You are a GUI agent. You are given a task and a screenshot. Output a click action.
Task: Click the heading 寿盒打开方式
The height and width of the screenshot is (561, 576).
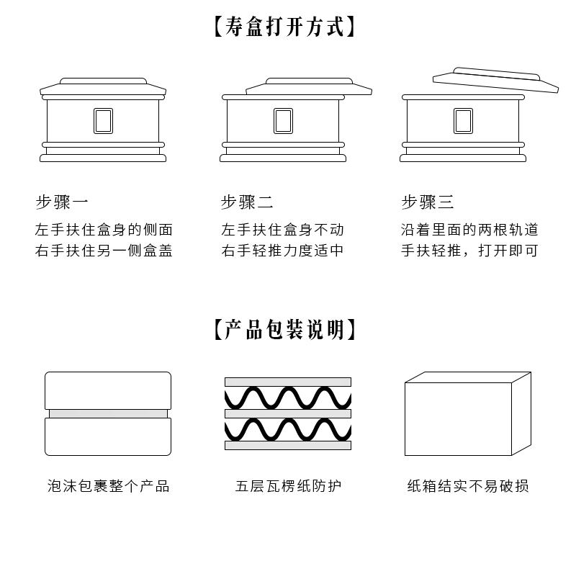(x=286, y=27)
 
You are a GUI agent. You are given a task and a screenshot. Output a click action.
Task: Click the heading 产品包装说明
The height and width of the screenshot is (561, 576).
(x=286, y=330)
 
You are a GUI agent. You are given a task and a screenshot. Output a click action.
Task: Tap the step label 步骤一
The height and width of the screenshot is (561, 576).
(x=62, y=202)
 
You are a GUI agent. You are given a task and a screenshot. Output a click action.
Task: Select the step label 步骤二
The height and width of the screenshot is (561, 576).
(x=247, y=202)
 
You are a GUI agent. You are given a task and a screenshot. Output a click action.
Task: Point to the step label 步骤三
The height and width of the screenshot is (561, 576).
(x=428, y=202)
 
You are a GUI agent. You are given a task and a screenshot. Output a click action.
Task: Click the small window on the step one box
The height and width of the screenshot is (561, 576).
(x=103, y=121)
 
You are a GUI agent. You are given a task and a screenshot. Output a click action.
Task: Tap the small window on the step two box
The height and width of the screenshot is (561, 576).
(x=283, y=121)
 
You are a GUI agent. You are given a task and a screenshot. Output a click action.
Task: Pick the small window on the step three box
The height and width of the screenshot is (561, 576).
(x=463, y=121)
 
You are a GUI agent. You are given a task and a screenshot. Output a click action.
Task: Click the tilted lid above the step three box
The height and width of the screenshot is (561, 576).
(x=496, y=80)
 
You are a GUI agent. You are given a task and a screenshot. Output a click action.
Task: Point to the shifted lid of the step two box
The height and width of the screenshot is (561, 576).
(x=310, y=86)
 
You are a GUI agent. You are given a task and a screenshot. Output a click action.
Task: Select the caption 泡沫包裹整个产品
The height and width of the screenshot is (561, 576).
(x=109, y=486)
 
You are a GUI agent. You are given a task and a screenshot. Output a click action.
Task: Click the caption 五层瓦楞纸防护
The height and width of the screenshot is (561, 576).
(x=288, y=486)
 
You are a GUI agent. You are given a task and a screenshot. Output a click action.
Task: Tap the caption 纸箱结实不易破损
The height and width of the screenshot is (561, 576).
(x=468, y=486)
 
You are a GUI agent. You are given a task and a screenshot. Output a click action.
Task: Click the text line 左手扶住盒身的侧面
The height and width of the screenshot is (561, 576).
(x=104, y=230)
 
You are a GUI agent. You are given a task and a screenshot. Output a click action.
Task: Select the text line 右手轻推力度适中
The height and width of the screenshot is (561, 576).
(x=283, y=251)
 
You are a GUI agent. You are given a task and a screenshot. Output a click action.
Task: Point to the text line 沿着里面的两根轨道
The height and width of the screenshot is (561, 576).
(x=469, y=230)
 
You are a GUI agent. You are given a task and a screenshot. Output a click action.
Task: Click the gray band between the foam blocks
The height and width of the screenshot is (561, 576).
(x=108, y=413)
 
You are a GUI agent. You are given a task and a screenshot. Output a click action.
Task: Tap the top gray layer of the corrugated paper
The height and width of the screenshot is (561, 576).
(x=288, y=382)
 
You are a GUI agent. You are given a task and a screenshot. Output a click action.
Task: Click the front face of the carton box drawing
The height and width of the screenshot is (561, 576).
(x=458, y=419)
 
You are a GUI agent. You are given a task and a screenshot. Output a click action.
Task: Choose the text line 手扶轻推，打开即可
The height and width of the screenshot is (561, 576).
(x=469, y=251)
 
